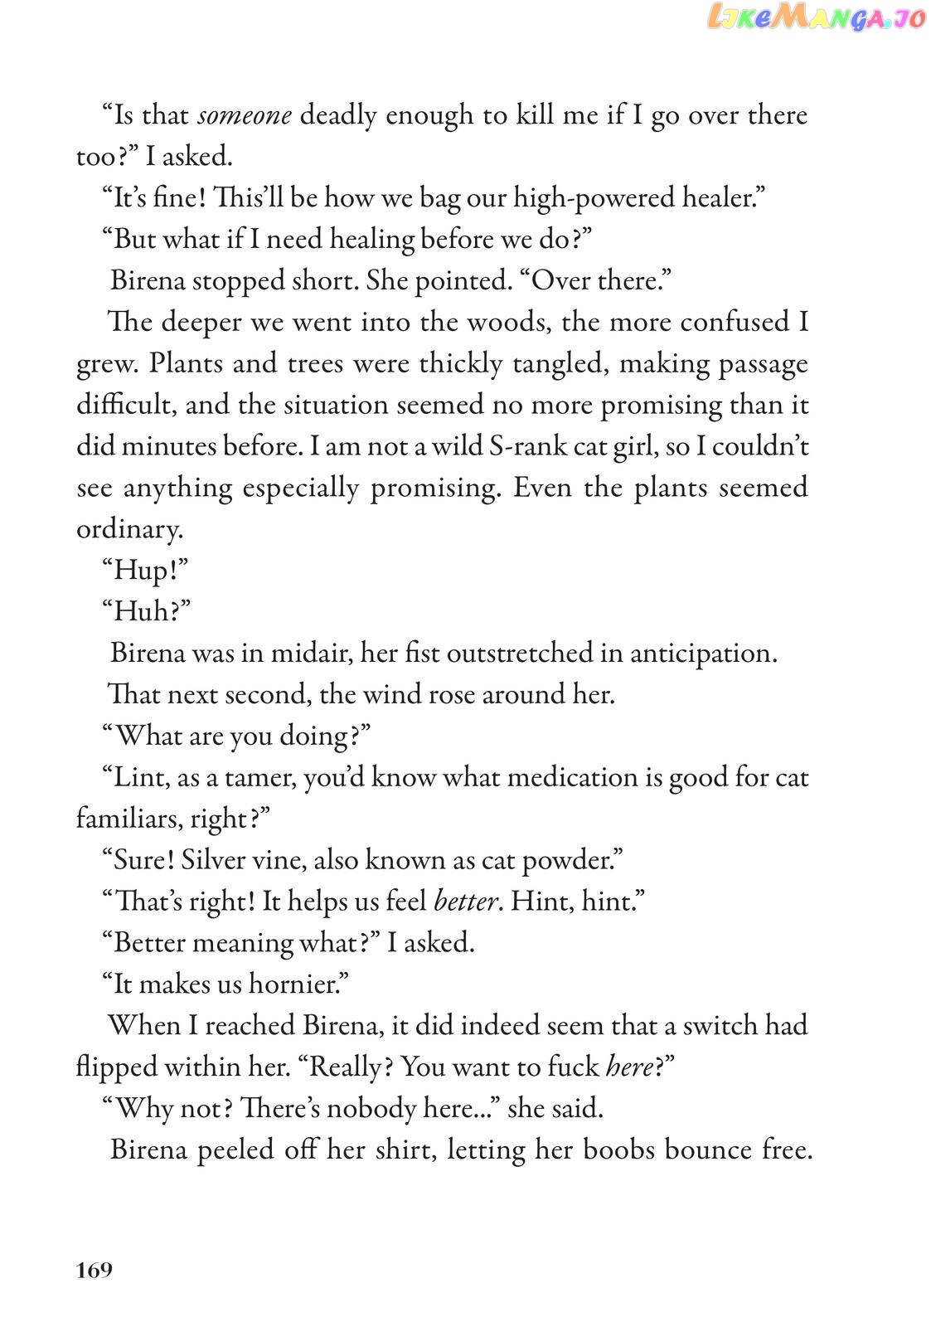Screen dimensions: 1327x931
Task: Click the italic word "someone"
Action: tap(245, 115)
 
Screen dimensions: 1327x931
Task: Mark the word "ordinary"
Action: tap(128, 529)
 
